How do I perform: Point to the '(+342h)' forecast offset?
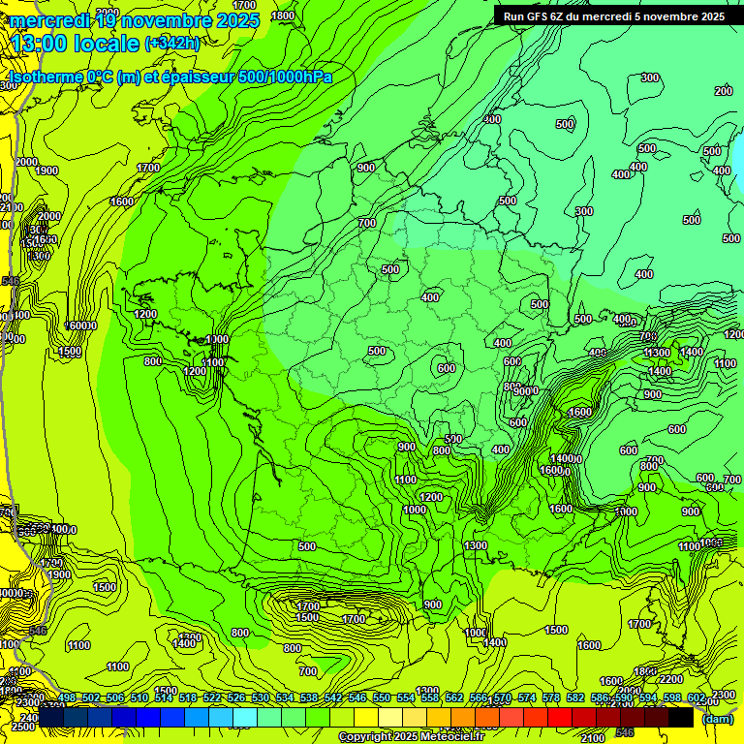tap(171, 44)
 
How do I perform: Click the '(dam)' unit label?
tap(718, 719)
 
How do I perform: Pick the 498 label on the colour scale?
tap(67, 698)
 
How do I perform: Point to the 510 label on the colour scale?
tap(139, 698)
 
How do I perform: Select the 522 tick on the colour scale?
tap(211, 698)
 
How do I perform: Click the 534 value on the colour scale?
tap(284, 698)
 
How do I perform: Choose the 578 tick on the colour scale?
tap(549, 698)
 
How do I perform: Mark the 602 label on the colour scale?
tap(696, 698)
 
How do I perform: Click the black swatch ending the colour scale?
tap(681, 717)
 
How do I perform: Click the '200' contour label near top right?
tap(724, 91)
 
